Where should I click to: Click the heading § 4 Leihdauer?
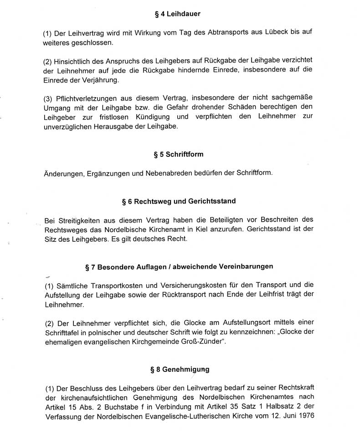178,14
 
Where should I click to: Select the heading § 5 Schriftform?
179,155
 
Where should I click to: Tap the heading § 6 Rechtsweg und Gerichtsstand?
179,201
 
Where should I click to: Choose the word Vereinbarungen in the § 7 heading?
240,266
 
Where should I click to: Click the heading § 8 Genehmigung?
180,370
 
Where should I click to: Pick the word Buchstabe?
118,406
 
